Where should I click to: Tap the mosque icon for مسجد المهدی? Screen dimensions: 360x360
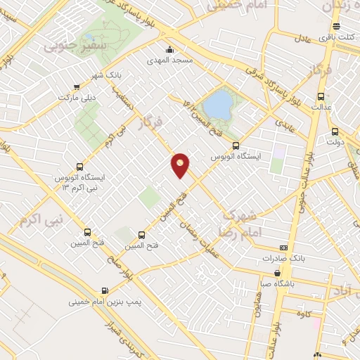[170, 49]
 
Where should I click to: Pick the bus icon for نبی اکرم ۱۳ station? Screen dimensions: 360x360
[79, 168]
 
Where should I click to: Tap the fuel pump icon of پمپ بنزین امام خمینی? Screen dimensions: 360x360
[105, 290]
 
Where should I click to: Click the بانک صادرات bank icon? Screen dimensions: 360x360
[283, 247]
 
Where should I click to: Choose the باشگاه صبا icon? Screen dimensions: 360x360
[278, 273]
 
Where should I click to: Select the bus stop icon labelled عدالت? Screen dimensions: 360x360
[321, 96]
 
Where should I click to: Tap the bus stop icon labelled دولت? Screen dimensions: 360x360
[335, 131]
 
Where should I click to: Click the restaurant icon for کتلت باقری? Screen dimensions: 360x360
[336, 27]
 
